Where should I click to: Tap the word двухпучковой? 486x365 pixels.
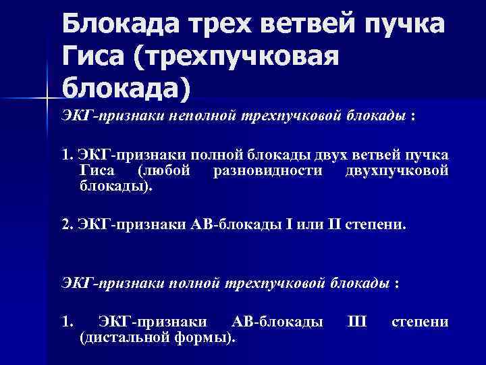[396, 171]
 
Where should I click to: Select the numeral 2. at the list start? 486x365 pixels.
[67, 223]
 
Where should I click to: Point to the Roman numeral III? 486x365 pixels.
[357, 322]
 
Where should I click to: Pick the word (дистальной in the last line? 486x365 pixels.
[126, 337]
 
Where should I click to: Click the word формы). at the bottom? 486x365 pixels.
[206, 337]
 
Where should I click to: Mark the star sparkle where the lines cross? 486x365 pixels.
[45, 99]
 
